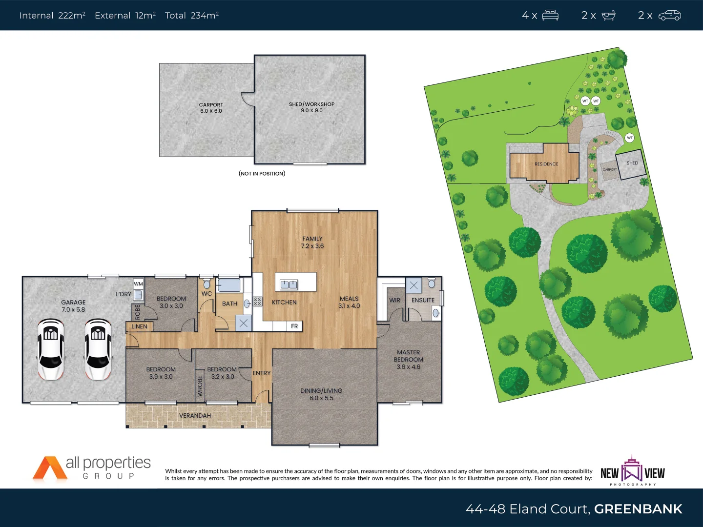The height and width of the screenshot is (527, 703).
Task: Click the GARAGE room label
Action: coord(73,306)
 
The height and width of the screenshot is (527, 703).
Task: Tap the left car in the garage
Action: coord(51,349)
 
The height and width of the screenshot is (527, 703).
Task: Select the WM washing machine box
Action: coord(139,284)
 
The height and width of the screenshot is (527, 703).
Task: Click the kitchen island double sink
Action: coord(289,284)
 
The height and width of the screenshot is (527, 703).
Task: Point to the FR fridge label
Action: coord(294,326)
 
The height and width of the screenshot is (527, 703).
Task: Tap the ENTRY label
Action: coord(262,373)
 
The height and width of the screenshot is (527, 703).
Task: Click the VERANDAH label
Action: coord(195,416)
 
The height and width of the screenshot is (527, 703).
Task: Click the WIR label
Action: coord(394,301)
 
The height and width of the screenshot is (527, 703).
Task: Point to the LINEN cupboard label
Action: coord(139,326)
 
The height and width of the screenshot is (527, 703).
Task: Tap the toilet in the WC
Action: coord(207,284)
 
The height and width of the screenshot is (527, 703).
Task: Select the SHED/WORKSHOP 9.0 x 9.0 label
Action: coord(311,107)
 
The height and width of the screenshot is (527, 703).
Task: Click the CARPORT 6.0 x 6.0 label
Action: coord(211,108)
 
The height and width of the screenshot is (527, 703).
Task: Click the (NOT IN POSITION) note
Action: coord(262,174)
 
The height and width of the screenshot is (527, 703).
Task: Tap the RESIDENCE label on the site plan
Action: coord(546,164)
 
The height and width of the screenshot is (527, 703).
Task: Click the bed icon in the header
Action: coord(550,16)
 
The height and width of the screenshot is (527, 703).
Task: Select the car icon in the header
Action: coord(669,16)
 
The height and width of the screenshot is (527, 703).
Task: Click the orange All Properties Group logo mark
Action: coord(49,468)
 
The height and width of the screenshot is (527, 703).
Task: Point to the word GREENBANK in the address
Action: coord(638,509)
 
